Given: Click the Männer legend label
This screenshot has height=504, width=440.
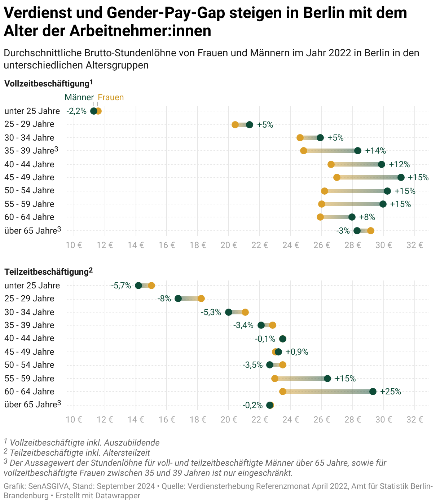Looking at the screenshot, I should pos(79,97).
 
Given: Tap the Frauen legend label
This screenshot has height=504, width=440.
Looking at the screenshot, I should pos(111,97).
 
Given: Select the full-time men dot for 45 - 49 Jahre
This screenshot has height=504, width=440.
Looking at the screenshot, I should pos(401,177).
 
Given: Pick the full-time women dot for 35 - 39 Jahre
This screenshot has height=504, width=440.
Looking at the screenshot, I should pos(304,151).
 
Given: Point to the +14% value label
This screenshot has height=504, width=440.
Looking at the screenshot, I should pos(375,151).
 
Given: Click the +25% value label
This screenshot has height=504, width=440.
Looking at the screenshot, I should pos(391,392).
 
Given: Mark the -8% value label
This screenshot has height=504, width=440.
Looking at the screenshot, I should pos(164,299).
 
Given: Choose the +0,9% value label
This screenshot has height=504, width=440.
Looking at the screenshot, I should pos(297,352).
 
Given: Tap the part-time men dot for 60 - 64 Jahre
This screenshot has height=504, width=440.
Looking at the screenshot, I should pos(373,392).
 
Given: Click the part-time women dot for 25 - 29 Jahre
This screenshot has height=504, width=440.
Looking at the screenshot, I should pos(201,299).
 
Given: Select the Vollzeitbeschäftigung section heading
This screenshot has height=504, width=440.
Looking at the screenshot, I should pos(47,84).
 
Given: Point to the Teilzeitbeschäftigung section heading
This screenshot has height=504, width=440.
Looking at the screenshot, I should pos(47,271).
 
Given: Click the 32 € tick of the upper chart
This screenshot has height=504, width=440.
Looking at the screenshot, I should pos(415,245).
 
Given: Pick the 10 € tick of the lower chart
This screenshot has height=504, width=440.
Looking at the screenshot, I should pos(74,420).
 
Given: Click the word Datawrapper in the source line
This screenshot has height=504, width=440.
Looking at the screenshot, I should pos(118,496).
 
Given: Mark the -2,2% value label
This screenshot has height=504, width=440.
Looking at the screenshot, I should pos(76,111).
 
